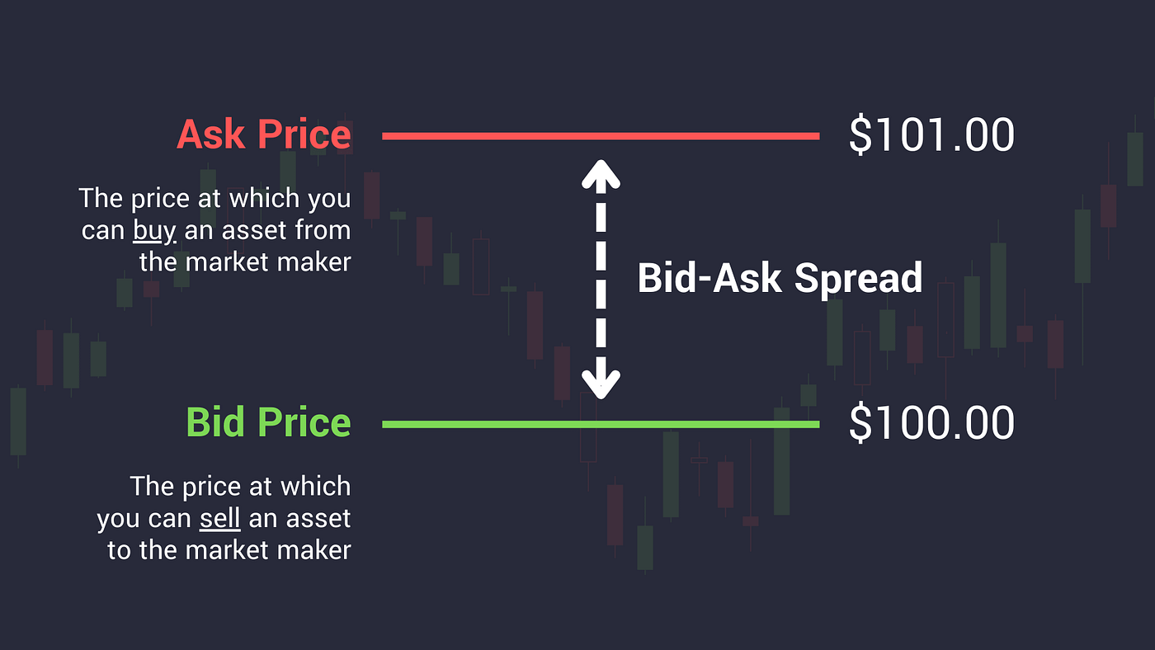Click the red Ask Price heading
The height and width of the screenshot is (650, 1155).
coord(264,135)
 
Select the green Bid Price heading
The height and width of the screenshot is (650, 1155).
coord(269,423)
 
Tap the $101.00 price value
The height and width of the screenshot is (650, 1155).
coord(931,135)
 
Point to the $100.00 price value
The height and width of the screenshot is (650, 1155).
coord(931,423)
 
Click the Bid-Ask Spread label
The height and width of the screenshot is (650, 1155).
coord(780,279)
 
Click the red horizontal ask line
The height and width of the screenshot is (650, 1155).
coord(601,136)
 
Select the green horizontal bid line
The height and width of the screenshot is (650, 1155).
coord(601,424)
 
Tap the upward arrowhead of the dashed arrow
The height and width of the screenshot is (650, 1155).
coord(601,172)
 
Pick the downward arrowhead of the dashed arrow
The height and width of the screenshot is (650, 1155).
coord(601,382)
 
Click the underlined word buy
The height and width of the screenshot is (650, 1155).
coord(154,231)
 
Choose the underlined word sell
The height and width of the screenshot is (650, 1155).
coord(219,520)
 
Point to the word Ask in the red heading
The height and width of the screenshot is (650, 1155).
coord(211,135)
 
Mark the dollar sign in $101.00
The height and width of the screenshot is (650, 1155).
coord(860,135)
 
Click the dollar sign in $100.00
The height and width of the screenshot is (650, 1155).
coord(860,423)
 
